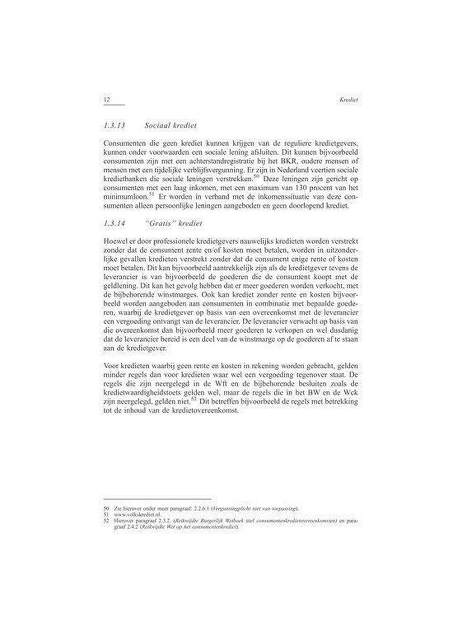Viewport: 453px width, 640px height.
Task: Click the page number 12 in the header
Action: click(x=106, y=100)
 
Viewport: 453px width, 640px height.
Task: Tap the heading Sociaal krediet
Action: click(x=171, y=126)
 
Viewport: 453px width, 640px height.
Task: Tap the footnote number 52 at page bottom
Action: click(x=105, y=521)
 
